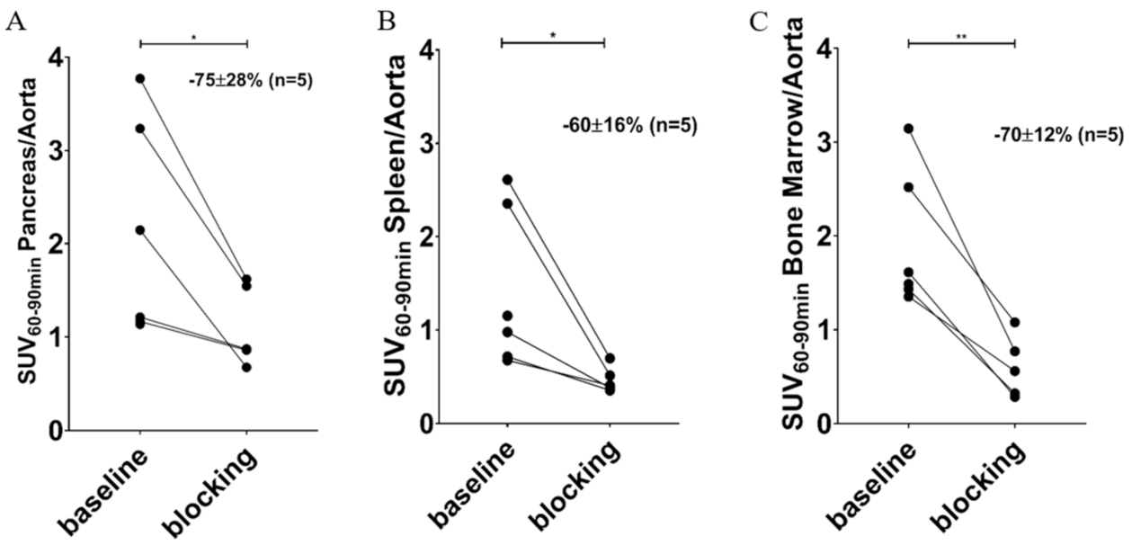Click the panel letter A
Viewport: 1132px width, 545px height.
point(14,22)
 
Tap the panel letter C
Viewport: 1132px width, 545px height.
point(760,22)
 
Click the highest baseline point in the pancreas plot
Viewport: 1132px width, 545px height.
point(140,79)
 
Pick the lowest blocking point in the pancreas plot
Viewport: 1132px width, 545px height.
point(246,367)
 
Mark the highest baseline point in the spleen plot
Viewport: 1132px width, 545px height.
point(507,180)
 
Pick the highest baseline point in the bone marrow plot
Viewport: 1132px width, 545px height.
point(908,129)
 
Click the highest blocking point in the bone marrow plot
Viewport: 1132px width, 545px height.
point(1015,322)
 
